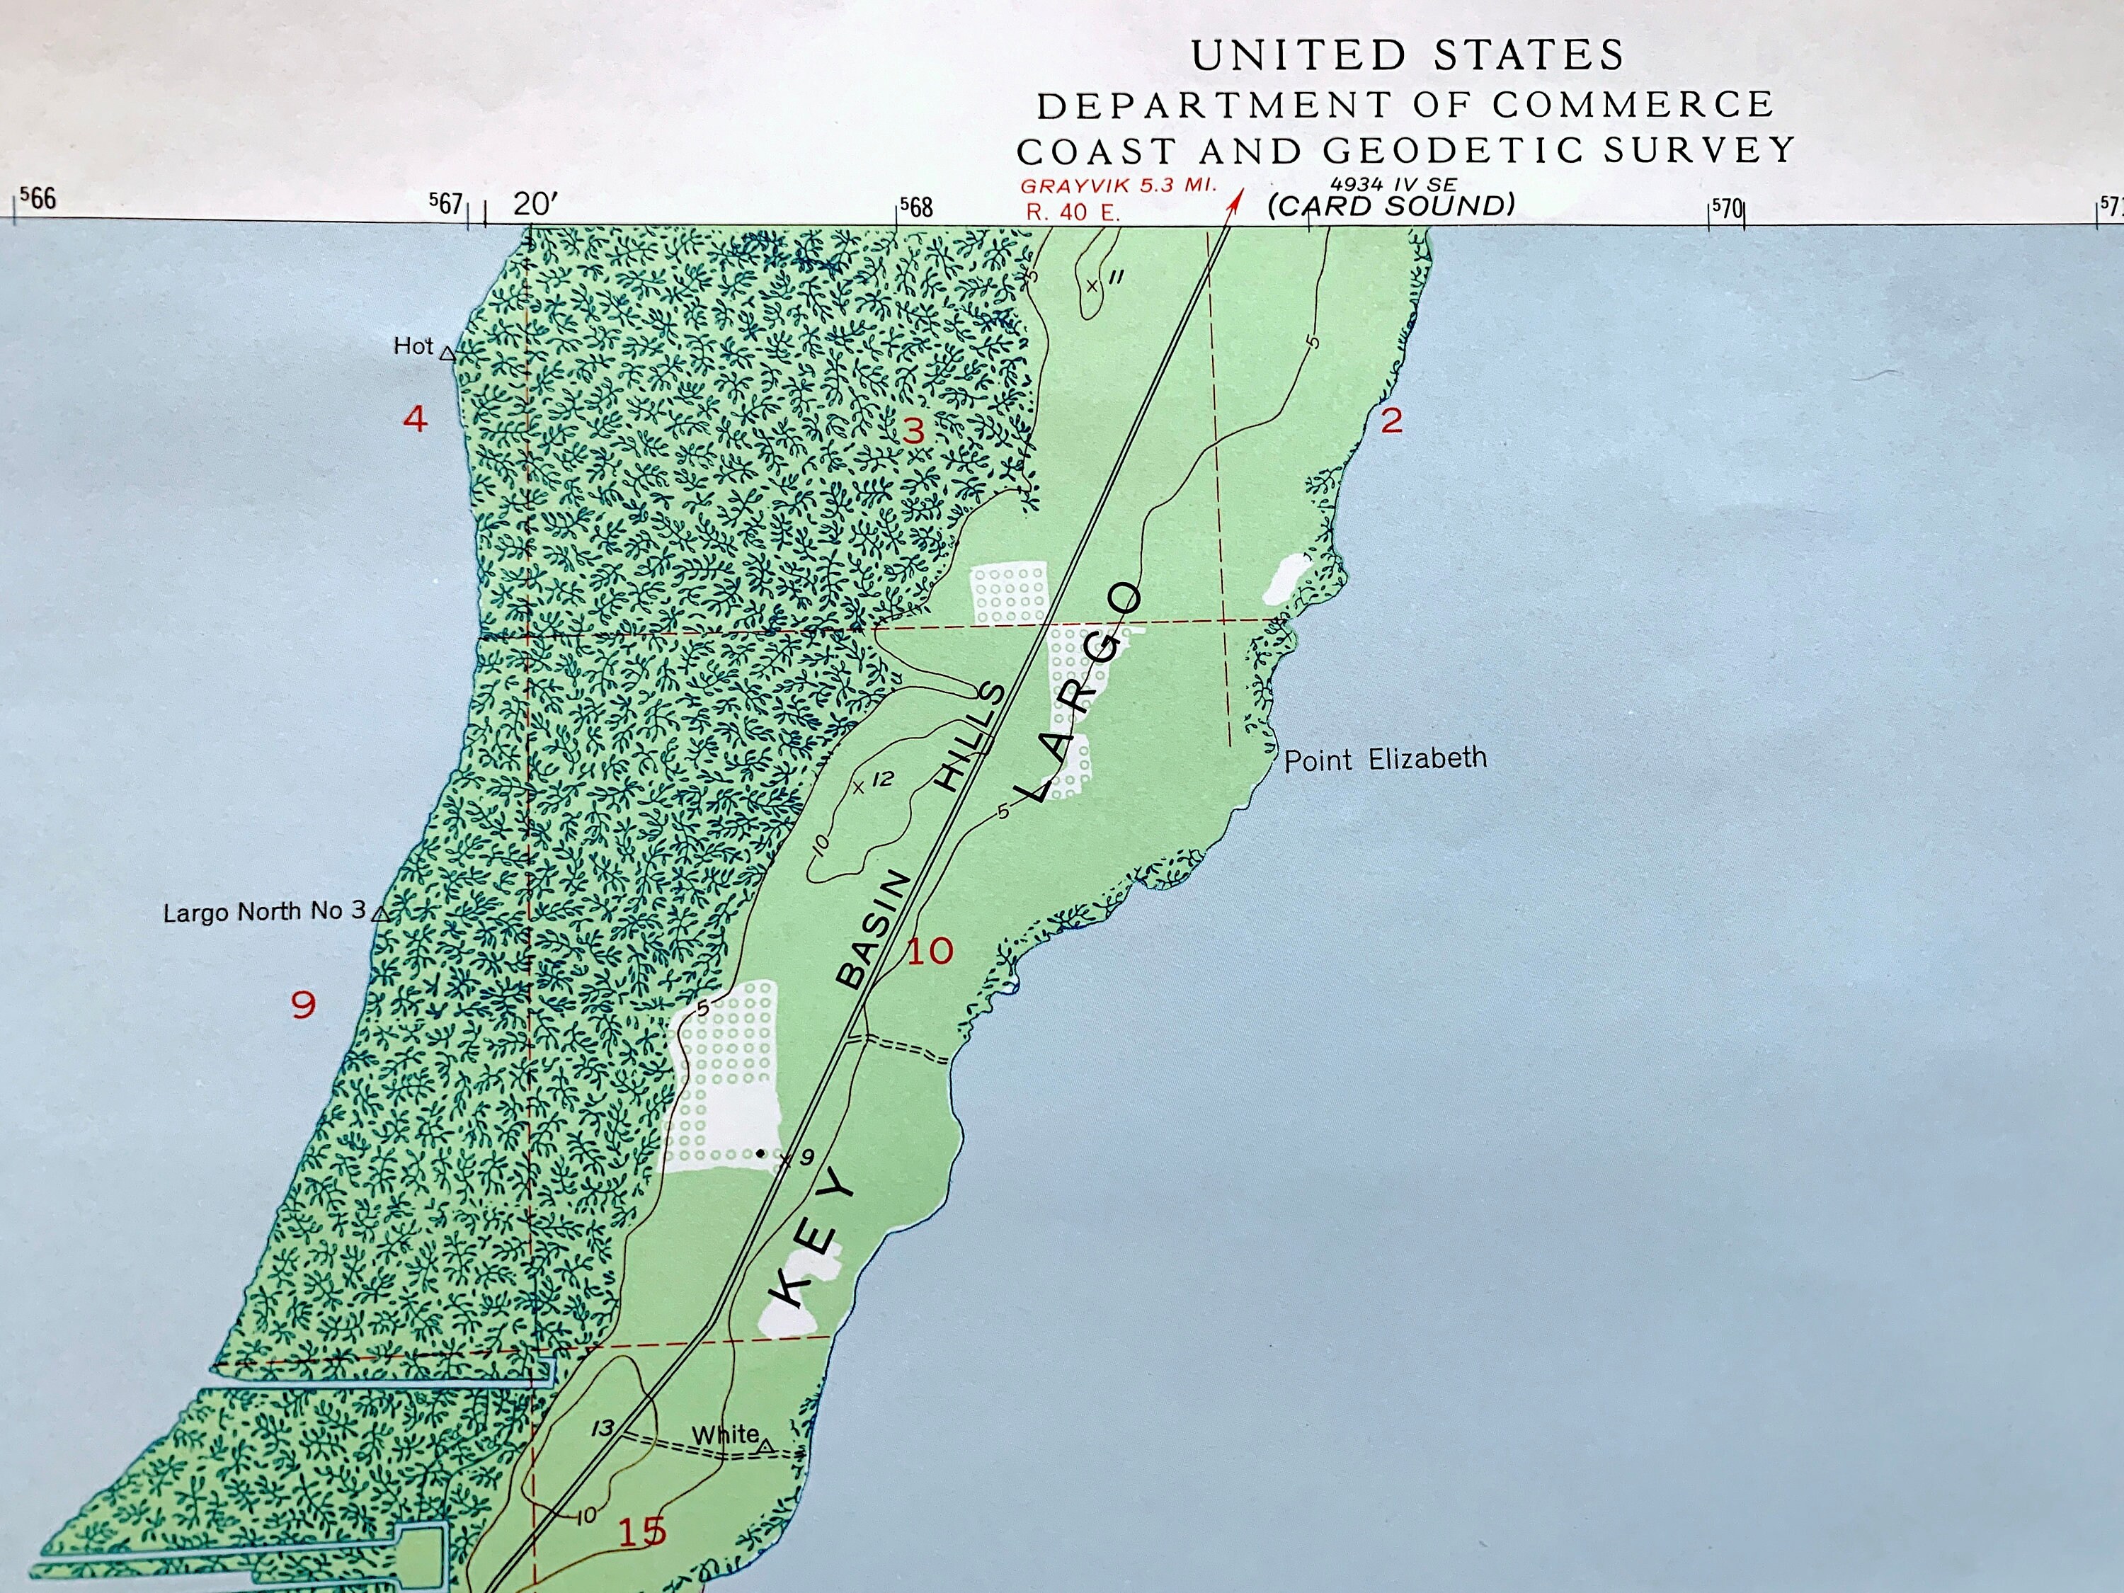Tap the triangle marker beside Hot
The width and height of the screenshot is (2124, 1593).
(447, 353)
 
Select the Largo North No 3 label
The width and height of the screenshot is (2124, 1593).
(264, 911)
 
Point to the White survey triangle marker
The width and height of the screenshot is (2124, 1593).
(765, 1445)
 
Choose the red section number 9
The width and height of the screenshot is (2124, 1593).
(304, 1005)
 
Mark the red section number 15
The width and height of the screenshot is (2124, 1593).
(641, 1531)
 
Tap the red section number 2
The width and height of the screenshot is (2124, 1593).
(1391, 420)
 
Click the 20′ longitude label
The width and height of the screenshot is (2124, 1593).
(534, 204)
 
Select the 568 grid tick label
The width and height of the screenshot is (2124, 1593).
(916, 207)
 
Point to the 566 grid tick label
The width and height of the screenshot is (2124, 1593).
(38, 199)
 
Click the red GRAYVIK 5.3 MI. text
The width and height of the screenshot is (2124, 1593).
(1118, 185)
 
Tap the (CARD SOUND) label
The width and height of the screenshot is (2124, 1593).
(1391, 205)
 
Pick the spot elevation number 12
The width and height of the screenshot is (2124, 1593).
(882, 779)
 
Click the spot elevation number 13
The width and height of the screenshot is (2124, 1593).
(602, 1428)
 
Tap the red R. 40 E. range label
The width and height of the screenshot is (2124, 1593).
(1073, 212)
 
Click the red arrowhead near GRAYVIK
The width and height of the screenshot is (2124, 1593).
(1237, 200)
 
